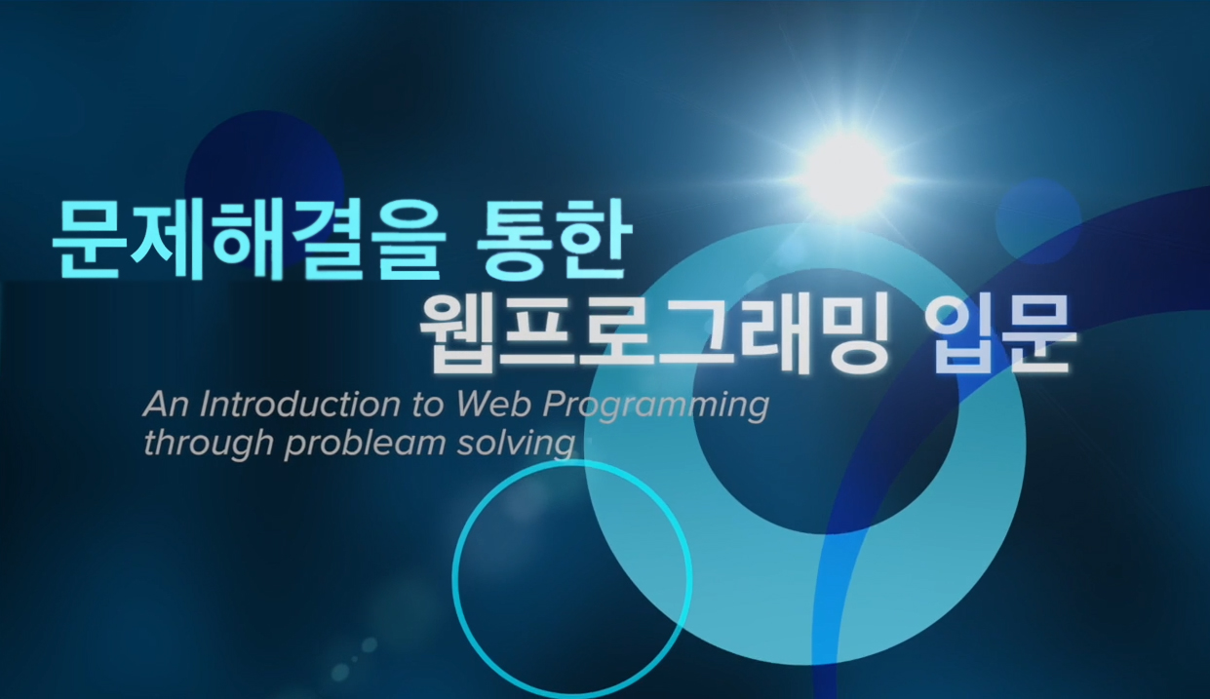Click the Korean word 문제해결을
tap(250, 240)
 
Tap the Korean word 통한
tap(554, 240)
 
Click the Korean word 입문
tap(998, 336)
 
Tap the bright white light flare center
tap(844, 169)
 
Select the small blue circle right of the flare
tap(1037, 221)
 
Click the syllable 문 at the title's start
tap(87, 241)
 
